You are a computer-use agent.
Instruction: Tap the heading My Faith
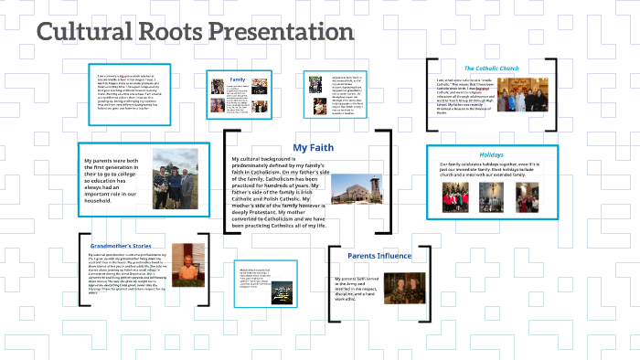(313, 147)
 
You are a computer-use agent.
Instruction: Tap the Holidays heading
(491, 154)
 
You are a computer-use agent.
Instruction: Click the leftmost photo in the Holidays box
(451, 196)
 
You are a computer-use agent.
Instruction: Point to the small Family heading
(238, 80)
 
